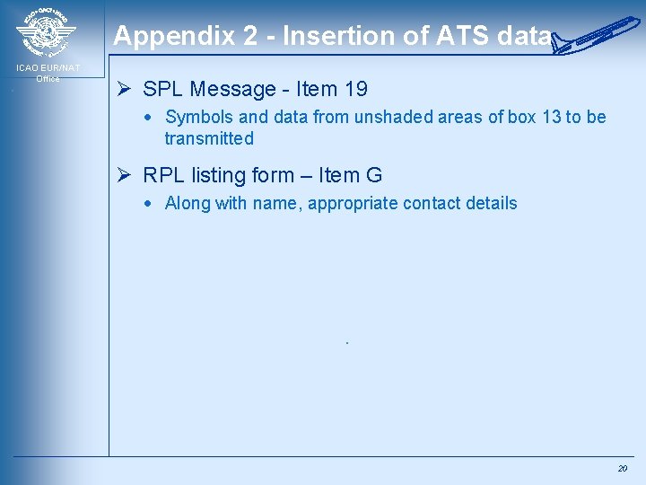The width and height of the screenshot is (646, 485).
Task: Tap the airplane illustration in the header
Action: coord(598,33)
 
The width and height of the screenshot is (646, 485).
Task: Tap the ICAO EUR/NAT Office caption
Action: coord(48,73)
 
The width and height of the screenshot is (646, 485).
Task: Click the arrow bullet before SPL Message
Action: coord(126,89)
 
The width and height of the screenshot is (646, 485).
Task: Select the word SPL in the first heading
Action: coord(162,89)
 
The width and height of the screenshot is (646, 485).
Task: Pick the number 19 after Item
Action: coord(354,89)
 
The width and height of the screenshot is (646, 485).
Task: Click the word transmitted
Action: coord(209,138)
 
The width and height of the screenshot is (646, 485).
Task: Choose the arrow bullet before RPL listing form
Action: coord(126,175)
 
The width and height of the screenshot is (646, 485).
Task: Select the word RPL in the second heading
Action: coord(163,175)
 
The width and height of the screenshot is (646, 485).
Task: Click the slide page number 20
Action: coord(622,469)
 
